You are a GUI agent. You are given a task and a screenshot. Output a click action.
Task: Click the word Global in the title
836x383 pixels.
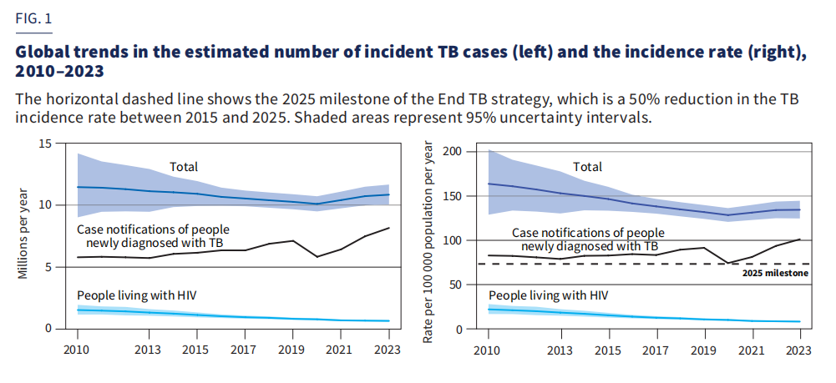43,51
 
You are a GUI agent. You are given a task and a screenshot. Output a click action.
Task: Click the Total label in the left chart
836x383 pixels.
184,167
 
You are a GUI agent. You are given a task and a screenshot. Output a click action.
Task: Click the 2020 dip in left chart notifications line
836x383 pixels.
317,256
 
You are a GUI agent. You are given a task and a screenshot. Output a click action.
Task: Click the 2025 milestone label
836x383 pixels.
776,273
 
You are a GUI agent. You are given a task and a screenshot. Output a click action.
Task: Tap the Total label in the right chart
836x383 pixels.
588,167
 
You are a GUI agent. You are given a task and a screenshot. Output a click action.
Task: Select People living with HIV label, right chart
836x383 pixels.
548,295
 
